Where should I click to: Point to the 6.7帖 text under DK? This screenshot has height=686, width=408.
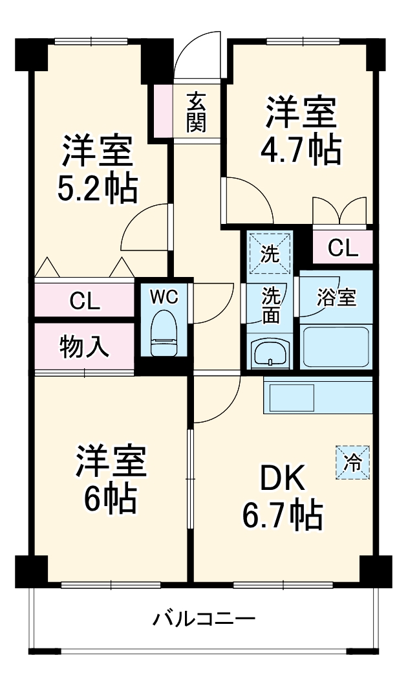coord(283,514)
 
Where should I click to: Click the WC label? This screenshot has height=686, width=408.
coord(164,297)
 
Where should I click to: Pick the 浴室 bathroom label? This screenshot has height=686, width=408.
coord(336,298)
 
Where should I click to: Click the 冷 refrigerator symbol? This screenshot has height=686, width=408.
coord(352,462)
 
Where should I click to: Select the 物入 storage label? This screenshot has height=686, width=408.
coord(85,348)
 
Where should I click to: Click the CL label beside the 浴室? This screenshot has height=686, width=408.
coord(343,248)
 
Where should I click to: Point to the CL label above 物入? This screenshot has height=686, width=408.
coord(85,302)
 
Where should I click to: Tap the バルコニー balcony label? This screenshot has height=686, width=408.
coord(204,619)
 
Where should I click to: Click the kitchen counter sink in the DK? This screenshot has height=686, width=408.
coord(291,396)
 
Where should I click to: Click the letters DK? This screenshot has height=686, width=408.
coord(283,480)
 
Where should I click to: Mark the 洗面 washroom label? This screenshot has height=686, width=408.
coord(270,305)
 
